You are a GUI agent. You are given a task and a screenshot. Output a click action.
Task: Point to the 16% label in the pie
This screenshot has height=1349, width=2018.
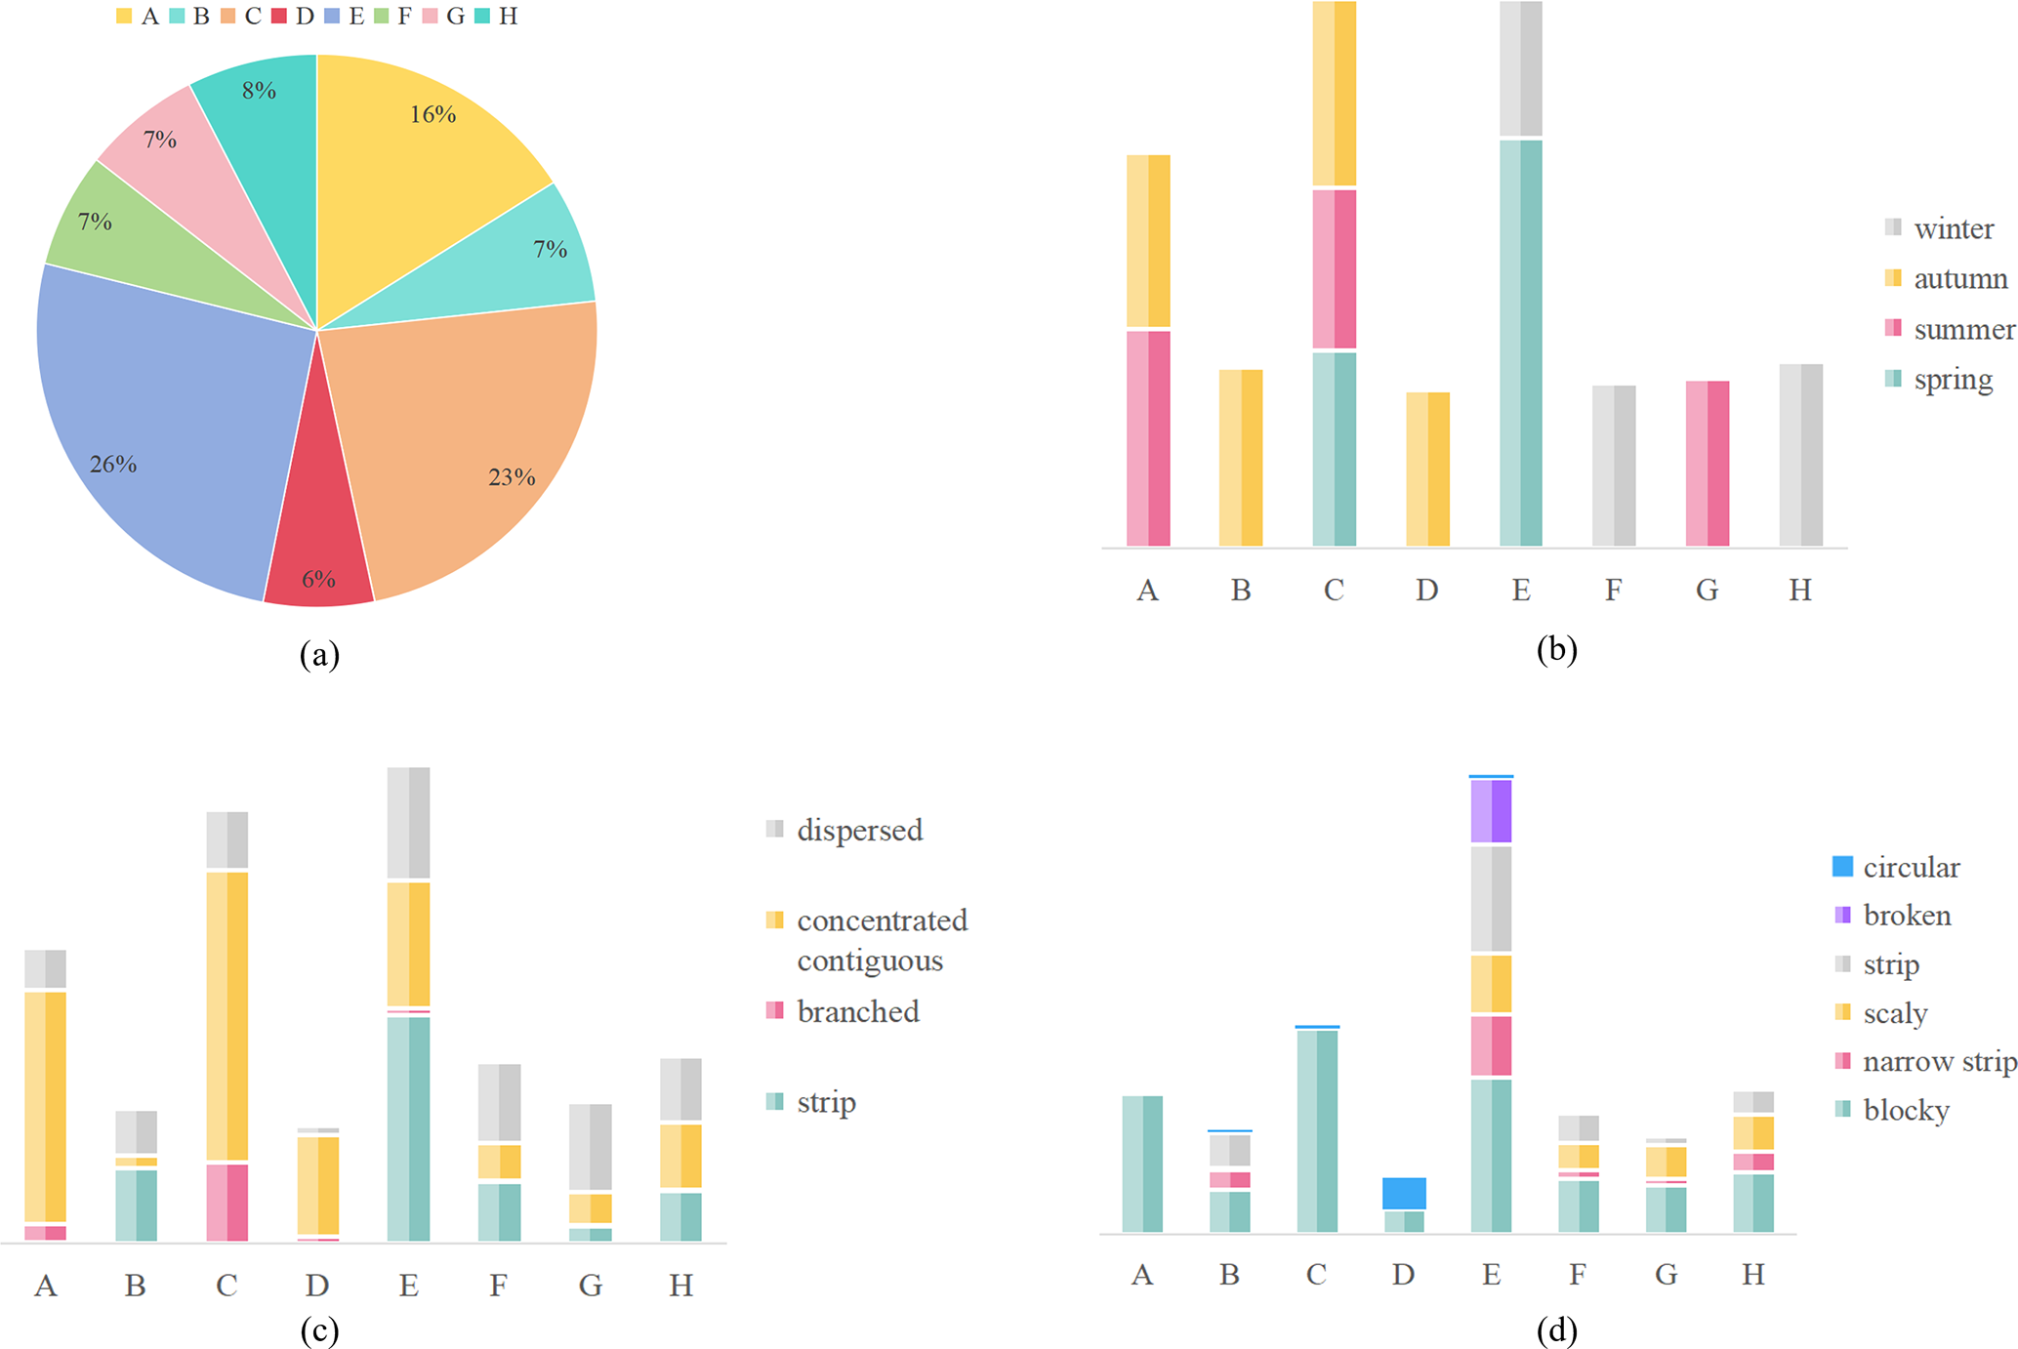tap(432, 115)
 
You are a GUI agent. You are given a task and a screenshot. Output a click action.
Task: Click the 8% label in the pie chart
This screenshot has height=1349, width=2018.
tap(259, 91)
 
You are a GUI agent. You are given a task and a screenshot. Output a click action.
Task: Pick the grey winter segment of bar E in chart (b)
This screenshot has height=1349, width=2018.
tap(1520, 68)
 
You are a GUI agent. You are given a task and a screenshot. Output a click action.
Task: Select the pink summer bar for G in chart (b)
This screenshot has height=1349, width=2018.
tap(1707, 463)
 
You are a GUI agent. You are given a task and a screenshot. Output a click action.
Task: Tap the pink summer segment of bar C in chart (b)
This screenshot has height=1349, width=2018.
tap(1334, 268)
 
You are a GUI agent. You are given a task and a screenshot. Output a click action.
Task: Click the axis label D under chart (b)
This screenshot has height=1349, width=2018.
tap(1426, 590)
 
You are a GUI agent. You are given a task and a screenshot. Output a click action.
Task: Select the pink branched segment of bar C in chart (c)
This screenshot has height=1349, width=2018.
tap(227, 1202)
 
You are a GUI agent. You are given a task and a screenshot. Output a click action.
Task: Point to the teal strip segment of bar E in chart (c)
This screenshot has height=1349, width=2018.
tap(408, 1128)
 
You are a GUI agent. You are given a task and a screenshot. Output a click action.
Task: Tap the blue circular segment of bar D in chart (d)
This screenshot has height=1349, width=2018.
tap(1404, 1193)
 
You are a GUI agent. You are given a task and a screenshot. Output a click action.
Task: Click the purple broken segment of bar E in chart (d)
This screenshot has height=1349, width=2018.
tap(1491, 810)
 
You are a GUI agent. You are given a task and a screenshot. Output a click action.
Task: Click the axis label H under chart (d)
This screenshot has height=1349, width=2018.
tap(1752, 1274)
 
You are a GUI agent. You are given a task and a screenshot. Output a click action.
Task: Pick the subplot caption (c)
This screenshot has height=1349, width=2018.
tap(319, 1329)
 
